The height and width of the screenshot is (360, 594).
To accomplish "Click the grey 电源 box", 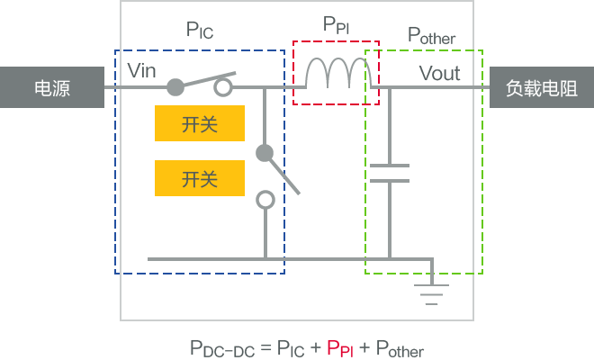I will click(51, 87).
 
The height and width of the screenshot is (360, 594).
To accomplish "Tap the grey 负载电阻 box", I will click(541, 87).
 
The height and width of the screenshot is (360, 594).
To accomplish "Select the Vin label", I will click(143, 69).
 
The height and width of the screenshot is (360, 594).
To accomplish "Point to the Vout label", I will click(439, 73).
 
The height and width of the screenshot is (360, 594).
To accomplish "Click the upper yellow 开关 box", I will click(200, 124).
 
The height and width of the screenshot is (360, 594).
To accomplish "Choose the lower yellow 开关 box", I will click(200, 178).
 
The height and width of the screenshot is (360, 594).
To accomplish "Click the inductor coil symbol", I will click(337, 75).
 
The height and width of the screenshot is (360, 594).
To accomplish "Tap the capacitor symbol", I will click(389, 173).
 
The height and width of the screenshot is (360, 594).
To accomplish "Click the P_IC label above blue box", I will click(200, 31).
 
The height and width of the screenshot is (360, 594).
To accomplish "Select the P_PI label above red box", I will click(336, 25).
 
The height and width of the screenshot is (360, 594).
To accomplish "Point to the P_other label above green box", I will click(432, 36).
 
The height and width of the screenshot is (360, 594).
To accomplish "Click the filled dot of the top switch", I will click(176, 87).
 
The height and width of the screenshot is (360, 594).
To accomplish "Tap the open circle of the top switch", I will click(222, 87).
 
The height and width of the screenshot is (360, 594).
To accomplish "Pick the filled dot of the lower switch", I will click(264, 153).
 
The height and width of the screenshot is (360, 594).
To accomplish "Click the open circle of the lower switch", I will click(265, 200).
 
